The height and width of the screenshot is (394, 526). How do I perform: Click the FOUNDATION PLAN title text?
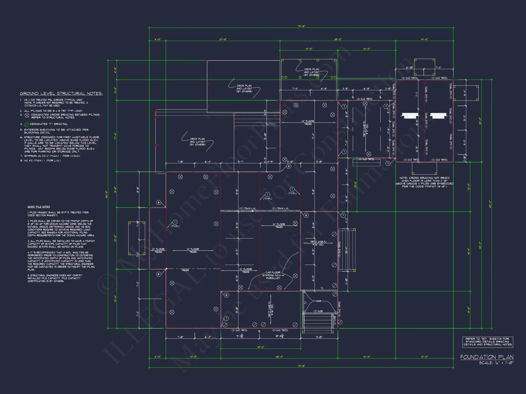pos(487,357)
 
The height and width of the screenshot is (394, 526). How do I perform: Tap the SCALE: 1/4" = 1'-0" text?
pos(496,363)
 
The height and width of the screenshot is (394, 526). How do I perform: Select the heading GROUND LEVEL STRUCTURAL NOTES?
pos(61,94)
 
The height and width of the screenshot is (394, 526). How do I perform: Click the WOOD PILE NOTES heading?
pos(39,207)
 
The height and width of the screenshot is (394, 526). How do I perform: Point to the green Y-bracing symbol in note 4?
pos(27,124)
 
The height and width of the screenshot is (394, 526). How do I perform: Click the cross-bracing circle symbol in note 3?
pos(27,115)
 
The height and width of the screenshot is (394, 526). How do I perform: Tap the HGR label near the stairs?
pos(318,301)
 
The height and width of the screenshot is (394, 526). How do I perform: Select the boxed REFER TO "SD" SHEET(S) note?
pos(488,342)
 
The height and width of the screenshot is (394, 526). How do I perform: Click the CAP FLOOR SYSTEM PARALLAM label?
pos(273,275)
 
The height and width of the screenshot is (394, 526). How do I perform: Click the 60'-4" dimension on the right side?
pos(490,204)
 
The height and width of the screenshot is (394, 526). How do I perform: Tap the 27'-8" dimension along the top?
pos(223,39)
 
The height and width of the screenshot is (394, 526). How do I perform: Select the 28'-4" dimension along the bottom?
pos(279,357)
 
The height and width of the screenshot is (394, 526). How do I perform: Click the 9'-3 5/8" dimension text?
pos(240,336)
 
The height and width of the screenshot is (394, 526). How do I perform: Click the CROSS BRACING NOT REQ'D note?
pos(424,182)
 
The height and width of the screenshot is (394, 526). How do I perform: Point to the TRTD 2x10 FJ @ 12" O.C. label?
pos(366,129)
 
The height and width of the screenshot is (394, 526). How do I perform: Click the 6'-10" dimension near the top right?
pos(409,68)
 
